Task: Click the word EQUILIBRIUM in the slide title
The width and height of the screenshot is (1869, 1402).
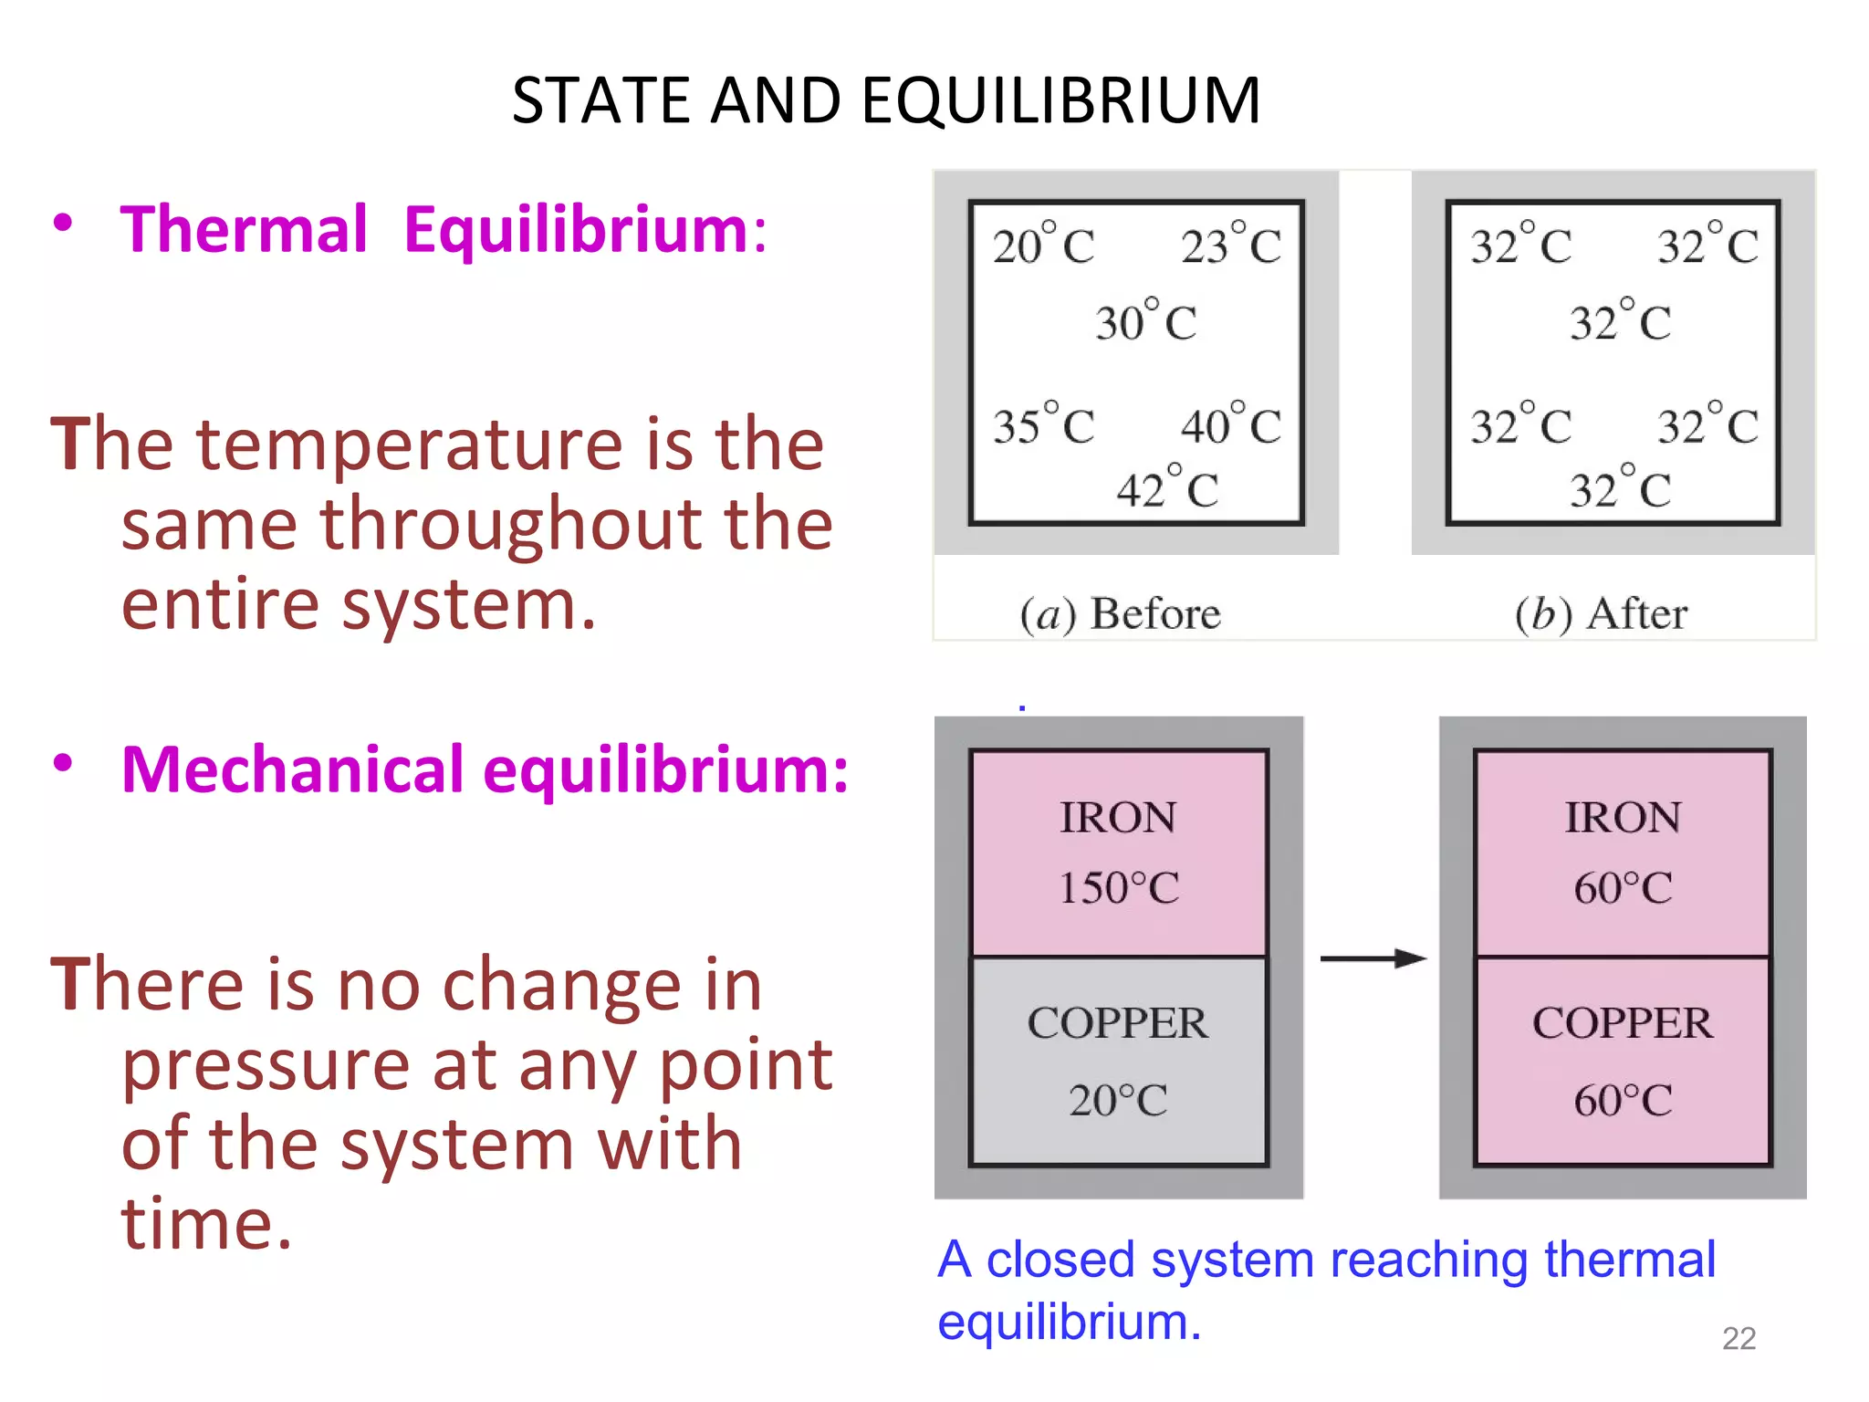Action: [1060, 100]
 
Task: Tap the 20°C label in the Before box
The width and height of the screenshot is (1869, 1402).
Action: [1043, 246]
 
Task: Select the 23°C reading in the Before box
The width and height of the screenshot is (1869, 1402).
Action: [1231, 246]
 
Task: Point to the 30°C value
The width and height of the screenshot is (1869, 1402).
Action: [1146, 322]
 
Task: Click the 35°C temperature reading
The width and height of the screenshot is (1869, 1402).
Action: [1043, 426]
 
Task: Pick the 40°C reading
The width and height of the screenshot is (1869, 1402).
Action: [1231, 426]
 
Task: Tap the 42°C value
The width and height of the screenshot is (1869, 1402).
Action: [1167, 489]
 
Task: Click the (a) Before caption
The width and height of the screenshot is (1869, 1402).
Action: [1120, 613]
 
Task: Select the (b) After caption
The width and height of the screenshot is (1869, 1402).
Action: [1601, 613]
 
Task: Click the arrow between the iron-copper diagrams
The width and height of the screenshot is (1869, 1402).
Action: [1373, 957]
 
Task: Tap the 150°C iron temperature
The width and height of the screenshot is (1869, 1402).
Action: [1119, 888]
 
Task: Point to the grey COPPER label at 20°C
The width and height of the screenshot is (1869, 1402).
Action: [1118, 1023]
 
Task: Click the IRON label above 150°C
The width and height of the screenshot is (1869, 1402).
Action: [1118, 817]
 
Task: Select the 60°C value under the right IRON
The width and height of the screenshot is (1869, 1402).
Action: [1623, 888]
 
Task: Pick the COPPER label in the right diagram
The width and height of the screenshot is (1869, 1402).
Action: [1623, 1023]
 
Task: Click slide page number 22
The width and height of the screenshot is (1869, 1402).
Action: [1738, 1338]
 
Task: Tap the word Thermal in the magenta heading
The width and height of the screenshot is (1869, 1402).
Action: [244, 229]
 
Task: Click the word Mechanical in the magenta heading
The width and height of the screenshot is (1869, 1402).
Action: [293, 770]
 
